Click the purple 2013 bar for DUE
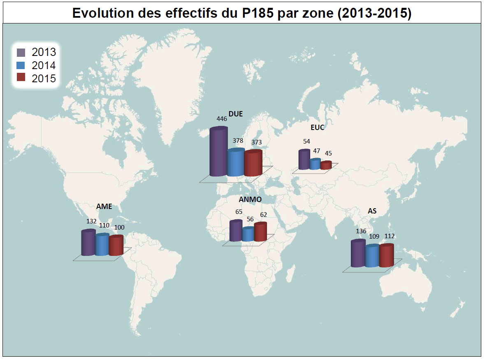point(218,152)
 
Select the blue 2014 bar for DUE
point(235,163)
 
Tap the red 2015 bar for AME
point(116,246)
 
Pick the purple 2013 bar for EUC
point(304,160)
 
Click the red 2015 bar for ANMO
point(260,232)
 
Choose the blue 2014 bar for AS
point(372,256)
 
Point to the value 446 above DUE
point(222,118)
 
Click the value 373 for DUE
point(256,142)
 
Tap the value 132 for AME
point(91,221)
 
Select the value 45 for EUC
point(328,153)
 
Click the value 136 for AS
point(361,231)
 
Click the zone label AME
point(104,207)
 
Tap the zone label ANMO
point(250,200)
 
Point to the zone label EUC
point(318,128)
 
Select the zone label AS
point(372,211)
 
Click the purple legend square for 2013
point(21,52)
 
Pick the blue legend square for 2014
point(21,65)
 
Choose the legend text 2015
point(44,79)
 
